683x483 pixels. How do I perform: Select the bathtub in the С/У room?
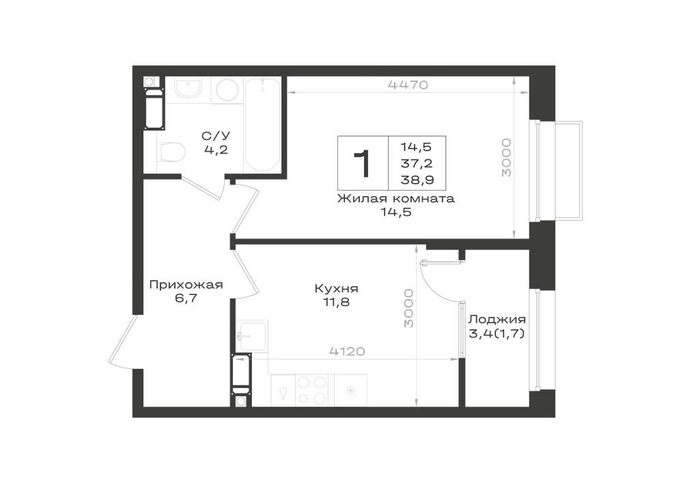click(x=263, y=125)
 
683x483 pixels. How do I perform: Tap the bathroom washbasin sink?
click(x=188, y=89)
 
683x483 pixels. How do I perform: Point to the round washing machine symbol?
click(x=228, y=90)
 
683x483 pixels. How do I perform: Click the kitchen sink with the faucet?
click(x=252, y=336)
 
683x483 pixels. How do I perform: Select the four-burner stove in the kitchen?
click(x=312, y=391)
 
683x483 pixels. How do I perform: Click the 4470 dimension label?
click(x=408, y=85)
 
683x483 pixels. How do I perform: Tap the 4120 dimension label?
click(x=347, y=351)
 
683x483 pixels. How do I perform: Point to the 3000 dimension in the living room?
click(x=505, y=158)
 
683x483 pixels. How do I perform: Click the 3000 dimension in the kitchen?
click(x=408, y=307)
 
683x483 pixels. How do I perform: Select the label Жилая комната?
click(x=396, y=199)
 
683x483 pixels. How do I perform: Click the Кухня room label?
click(x=336, y=288)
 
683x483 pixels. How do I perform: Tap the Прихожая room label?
click(x=186, y=286)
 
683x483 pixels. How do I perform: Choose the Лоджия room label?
click(x=497, y=320)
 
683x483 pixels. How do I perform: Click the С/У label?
click(x=216, y=136)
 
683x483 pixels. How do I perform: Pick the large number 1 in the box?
click(x=363, y=163)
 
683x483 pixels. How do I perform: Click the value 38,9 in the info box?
click(x=417, y=180)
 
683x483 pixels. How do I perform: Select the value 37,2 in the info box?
click(x=417, y=163)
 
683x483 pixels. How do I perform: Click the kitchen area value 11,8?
click(x=336, y=302)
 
